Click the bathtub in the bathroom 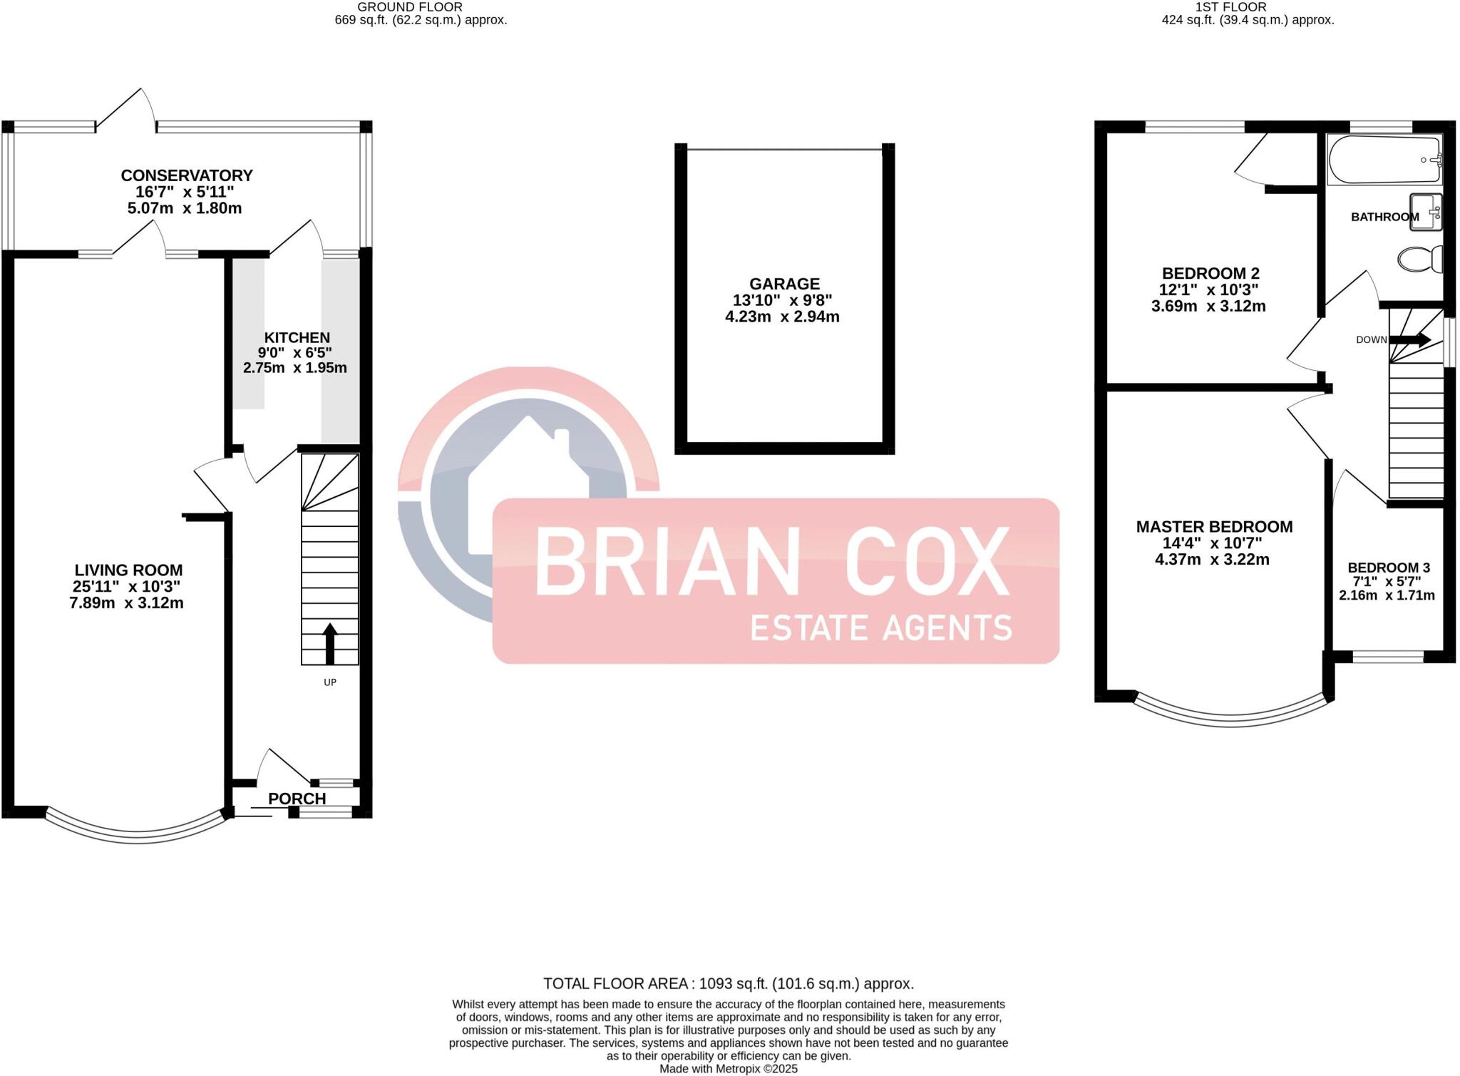tap(1384, 160)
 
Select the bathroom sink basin tap(1426, 212)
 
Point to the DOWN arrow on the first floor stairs tap(1409, 340)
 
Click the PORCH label tap(297, 799)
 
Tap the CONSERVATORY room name tap(187, 175)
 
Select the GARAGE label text tap(784, 284)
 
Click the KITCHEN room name tap(297, 337)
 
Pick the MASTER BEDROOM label tap(1214, 527)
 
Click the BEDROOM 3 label tap(1389, 568)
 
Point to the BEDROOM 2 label tap(1210, 273)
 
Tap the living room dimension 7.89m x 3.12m tap(126, 603)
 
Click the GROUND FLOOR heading tap(410, 7)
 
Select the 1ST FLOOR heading tap(1241, 7)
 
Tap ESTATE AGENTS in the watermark tap(881, 628)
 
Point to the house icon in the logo tap(528, 485)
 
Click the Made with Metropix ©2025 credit tap(729, 1069)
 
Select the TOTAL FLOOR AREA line tap(729, 984)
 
